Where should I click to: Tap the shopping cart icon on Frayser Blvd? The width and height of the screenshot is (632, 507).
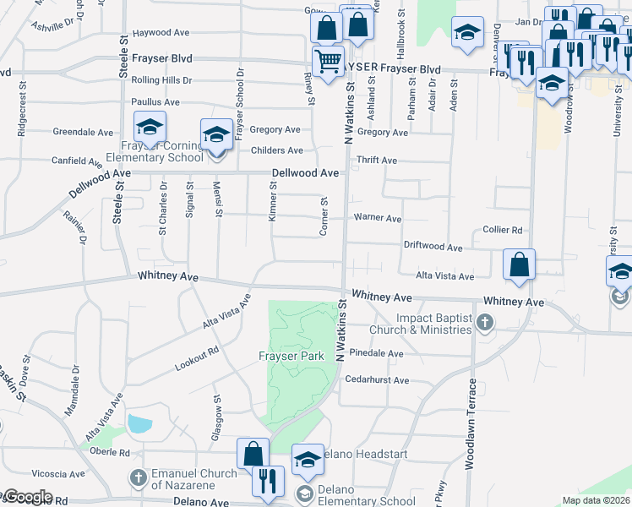[x=328, y=60]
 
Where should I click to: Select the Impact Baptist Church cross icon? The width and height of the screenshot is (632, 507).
[x=484, y=321]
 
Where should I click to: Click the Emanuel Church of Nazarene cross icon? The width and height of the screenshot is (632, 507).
[x=139, y=478]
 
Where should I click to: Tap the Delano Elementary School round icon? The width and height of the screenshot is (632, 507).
[x=304, y=494]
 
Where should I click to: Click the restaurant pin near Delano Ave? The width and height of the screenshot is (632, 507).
[x=268, y=482]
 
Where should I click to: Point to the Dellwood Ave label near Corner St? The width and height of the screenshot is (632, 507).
[x=305, y=172]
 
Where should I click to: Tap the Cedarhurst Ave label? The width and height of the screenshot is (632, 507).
[x=378, y=380]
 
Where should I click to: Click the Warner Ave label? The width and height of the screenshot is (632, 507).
[x=377, y=217]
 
